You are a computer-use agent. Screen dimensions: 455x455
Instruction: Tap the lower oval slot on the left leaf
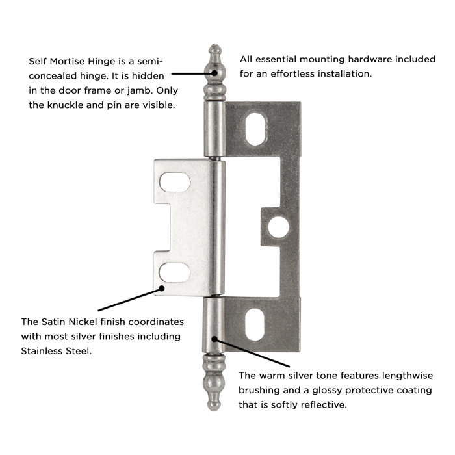pyautogui.click(x=175, y=272)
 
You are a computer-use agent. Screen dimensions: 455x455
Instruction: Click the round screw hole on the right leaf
pyautogui.click(x=281, y=226)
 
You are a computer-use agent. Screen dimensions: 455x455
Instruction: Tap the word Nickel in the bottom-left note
pyautogui.click(x=90, y=322)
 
